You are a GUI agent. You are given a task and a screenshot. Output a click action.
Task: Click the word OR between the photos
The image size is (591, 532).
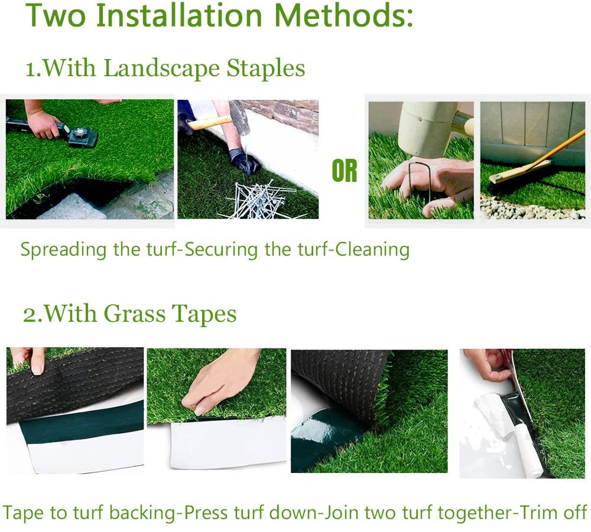point(345,171)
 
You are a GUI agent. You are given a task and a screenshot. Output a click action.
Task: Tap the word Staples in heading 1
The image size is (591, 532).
point(266,68)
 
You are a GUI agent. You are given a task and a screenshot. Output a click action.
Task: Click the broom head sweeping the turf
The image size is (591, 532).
point(510,174)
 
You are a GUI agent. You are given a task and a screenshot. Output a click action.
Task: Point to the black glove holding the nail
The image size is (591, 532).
point(244,160)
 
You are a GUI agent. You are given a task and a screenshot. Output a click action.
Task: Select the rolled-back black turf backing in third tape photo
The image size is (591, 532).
point(337,378)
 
